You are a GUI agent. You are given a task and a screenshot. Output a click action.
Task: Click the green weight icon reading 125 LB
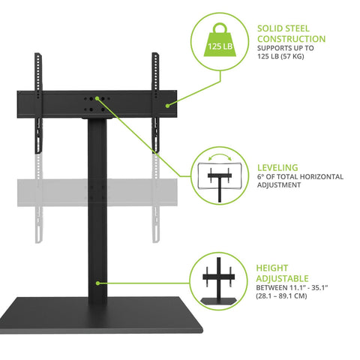tap(222, 46)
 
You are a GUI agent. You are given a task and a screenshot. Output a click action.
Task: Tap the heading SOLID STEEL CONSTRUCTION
tap(291, 34)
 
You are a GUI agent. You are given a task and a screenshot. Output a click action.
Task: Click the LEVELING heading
tap(278, 168)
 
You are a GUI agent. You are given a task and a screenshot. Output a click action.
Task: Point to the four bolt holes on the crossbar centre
tap(96, 103)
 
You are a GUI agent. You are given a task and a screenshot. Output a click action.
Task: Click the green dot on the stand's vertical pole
tap(97, 283)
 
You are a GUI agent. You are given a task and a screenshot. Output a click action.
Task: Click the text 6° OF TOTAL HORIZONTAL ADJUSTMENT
tap(300, 181)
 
